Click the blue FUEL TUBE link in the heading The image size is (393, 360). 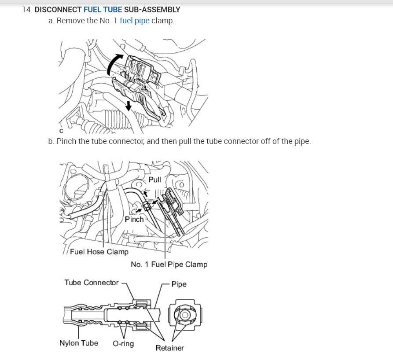[x=103, y=10]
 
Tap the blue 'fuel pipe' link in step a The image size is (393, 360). [x=135, y=21]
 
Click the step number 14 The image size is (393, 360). [x=27, y=10]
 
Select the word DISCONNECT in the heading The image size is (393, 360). [x=58, y=10]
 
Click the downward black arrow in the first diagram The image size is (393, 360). [x=129, y=106]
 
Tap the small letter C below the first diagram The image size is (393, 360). [x=62, y=131]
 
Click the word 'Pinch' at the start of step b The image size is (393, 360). [x=66, y=141]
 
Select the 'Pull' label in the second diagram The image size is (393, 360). [x=154, y=180]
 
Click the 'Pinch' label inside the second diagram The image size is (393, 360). [x=134, y=219]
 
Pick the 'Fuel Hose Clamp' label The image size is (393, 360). [x=99, y=251]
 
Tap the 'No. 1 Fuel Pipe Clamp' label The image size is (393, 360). [x=169, y=264]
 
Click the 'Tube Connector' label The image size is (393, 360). [x=92, y=283]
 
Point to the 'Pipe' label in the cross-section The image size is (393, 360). [x=179, y=284]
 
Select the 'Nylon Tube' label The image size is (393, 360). [x=79, y=343]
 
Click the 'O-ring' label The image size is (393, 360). [x=123, y=343]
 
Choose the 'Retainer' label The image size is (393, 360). [x=170, y=348]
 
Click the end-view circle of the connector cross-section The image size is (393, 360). [x=185, y=315]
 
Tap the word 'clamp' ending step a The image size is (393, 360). [x=163, y=21]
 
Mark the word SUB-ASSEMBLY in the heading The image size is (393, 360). [x=152, y=10]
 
